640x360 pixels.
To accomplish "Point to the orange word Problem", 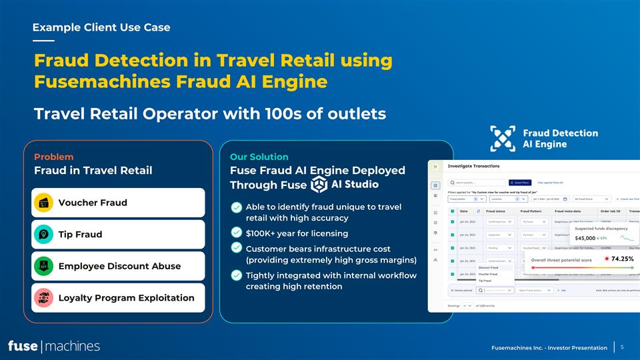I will click(53, 157).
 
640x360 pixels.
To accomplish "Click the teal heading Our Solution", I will click(259, 157).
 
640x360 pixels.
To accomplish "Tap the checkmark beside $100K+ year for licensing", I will click(236, 233).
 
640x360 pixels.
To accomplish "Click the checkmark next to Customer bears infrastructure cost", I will click(236, 248).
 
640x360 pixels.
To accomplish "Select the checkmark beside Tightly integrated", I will click(236, 275).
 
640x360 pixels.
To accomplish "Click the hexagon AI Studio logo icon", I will click(319, 184).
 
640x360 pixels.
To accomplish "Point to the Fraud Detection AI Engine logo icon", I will click(503, 138).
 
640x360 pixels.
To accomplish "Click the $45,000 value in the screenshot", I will click(580, 238).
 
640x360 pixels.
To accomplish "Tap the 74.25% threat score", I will click(621, 258).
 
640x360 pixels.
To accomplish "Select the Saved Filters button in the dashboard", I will click(521, 182).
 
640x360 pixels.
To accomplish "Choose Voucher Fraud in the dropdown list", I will click(488, 274).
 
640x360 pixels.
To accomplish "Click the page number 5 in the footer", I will click(621, 347).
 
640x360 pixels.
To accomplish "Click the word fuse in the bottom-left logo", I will click(23, 346).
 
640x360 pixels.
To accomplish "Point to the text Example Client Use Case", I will click(101, 27).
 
